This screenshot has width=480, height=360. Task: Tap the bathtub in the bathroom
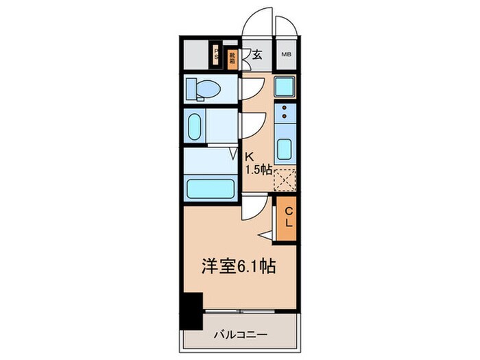click(210, 187)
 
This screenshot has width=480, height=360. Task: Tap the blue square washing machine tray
click(285, 86)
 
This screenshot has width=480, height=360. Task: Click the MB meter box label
click(285, 54)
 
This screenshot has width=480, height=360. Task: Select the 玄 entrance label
click(256, 54)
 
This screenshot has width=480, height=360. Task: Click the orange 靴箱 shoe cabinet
click(232, 55)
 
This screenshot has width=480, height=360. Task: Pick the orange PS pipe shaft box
click(217, 55)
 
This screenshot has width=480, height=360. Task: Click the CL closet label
click(289, 217)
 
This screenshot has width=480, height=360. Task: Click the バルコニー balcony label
click(239, 335)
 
